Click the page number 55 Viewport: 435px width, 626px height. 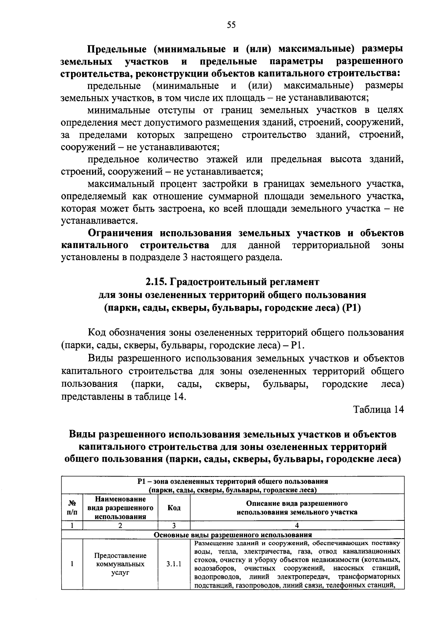[x=231, y=25]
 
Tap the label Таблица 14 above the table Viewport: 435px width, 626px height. [x=378, y=409]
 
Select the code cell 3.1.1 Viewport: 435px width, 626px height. [x=174, y=564]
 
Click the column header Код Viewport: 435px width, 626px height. [x=174, y=508]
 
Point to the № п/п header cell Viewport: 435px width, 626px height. [x=72, y=508]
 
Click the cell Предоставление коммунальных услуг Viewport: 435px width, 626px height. [x=120, y=564]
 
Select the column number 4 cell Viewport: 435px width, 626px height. [x=297, y=525]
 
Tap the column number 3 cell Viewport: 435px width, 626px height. [x=174, y=525]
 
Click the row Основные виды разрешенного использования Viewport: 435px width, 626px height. [x=233, y=535]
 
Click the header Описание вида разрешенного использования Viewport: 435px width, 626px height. [x=297, y=508]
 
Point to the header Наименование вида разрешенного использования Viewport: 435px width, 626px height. [x=120, y=508]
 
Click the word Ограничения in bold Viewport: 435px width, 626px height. [x=122, y=233]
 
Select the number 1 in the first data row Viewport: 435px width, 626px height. [x=72, y=564]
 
